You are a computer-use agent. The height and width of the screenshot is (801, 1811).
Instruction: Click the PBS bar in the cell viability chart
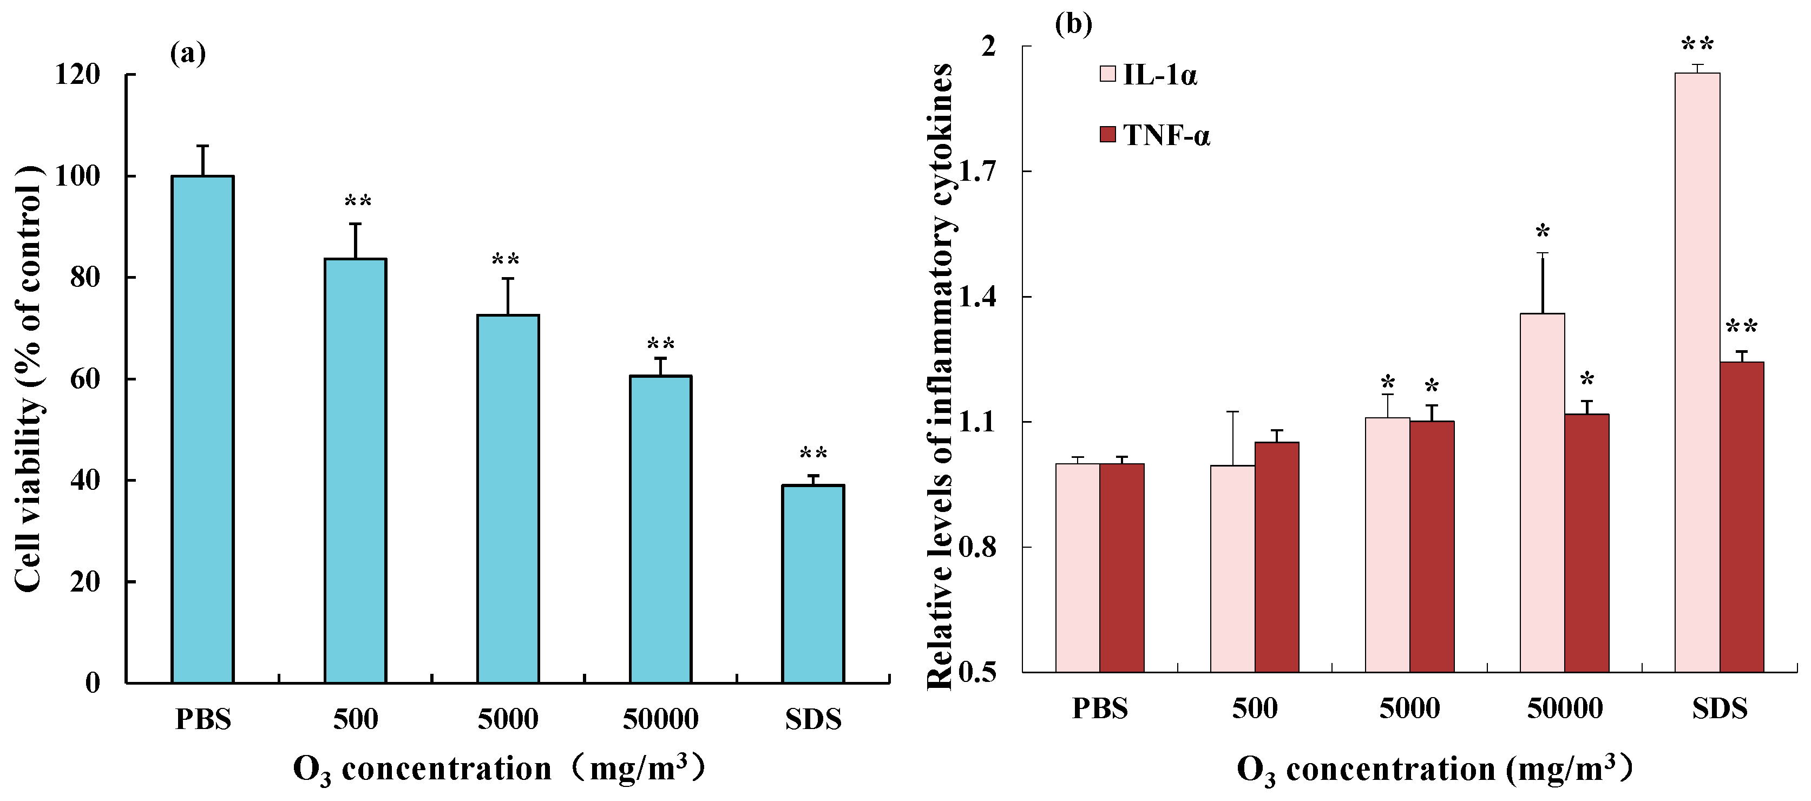[x=202, y=429]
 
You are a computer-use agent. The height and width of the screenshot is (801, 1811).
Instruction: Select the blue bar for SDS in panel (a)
[x=813, y=583]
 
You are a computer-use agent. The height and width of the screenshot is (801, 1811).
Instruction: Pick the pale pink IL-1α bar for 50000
[x=1543, y=493]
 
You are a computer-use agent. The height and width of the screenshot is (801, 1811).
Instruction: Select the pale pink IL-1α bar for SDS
[x=1697, y=373]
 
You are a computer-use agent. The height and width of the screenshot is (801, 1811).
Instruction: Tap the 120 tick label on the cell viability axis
[x=78, y=75]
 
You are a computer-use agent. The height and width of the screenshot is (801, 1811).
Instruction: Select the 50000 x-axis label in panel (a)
[x=660, y=719]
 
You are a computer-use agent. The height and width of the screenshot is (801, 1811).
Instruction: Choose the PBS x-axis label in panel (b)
[x=1100, y=708]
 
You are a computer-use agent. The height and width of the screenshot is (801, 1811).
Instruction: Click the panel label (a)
[x=188, y=54]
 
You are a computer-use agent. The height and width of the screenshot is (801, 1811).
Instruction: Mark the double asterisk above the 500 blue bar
[x=357, y=202]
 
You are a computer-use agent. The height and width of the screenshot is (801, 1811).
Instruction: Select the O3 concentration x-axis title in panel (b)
[x=1434, y=770]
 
